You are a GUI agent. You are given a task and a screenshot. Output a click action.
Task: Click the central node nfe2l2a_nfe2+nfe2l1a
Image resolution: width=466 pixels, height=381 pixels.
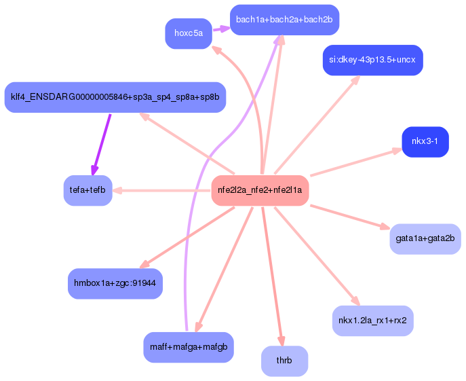[260, 190]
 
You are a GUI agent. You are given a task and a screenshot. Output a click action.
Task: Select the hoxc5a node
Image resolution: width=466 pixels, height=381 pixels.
[188, 33]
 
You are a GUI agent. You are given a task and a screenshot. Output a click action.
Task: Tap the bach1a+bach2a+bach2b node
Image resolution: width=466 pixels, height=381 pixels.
[284, 19]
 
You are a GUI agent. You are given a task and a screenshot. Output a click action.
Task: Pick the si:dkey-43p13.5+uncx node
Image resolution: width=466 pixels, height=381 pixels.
[373, 60]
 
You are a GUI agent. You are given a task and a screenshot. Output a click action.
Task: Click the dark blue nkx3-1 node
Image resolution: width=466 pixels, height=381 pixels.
[425, 142]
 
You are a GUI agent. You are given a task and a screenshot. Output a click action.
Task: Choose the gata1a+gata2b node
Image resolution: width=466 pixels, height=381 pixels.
[425, 238]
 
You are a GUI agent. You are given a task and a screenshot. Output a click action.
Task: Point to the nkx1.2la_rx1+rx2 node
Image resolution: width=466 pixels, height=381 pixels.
[372, 321]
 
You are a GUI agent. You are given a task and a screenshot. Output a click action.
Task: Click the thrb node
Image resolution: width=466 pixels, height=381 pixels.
[284, 361]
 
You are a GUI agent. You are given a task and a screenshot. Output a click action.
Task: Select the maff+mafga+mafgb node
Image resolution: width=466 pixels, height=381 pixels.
[189, 347]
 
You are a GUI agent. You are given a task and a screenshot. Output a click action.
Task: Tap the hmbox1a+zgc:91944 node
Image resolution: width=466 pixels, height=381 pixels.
[115, 283]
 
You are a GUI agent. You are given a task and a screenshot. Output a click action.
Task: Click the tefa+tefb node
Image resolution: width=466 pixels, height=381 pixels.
[88, 190]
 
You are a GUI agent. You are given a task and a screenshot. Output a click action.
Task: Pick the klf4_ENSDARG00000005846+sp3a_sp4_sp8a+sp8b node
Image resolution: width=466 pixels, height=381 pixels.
[115, 97]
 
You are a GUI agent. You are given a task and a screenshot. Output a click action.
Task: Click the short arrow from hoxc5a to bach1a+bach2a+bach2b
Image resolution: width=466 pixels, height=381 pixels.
[220, 29]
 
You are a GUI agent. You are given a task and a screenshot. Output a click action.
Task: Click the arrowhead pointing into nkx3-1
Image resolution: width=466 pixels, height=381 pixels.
[397, 151]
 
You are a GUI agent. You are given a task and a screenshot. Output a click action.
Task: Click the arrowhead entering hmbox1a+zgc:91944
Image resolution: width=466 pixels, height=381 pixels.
[142, 266]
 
